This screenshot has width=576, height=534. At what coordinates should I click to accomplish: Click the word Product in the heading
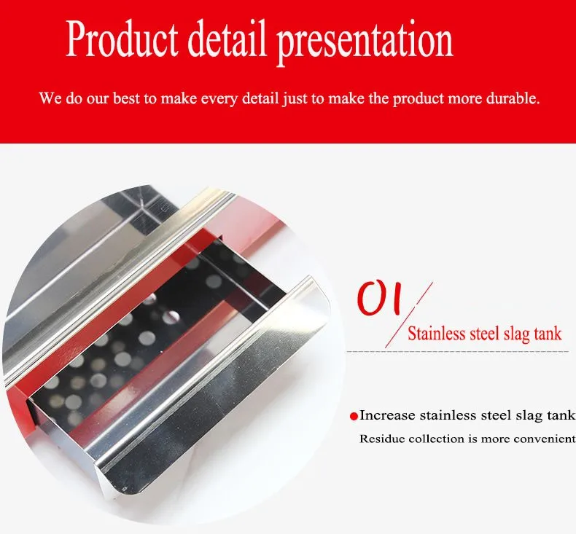click(122, 39)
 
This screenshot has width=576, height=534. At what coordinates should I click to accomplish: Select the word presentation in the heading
click(365, 42)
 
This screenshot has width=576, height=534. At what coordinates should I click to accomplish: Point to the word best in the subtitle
click(126, 98)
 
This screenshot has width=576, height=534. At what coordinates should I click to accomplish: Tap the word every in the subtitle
click(219, 100)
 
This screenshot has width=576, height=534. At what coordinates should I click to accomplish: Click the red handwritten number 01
click(378, 299)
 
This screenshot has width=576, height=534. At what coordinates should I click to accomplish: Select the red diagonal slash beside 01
click(409, 315)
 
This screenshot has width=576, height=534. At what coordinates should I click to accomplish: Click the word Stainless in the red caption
click(437, 334)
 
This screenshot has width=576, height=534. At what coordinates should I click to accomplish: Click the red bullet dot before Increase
click(354, 417)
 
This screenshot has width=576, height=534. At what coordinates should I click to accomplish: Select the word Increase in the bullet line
click(388, 415)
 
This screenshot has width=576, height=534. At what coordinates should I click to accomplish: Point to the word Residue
click(381, 439)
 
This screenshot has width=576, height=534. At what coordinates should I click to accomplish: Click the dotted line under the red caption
click(458, 351)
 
